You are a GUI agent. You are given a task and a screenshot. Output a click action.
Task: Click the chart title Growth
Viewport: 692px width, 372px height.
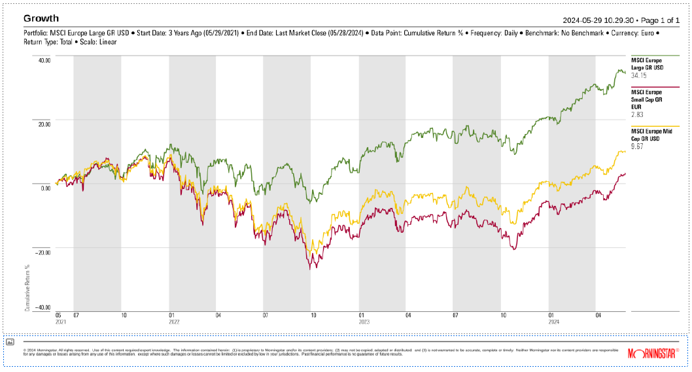point(41,18)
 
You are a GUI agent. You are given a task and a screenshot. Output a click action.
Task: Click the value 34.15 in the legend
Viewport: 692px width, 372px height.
point(638,75)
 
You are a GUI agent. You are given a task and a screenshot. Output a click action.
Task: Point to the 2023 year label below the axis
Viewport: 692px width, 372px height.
point(364,321)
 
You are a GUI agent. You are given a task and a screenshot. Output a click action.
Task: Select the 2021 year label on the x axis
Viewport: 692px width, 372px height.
point(61,321)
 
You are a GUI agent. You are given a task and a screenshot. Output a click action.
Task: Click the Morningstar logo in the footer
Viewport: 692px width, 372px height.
point(653,353)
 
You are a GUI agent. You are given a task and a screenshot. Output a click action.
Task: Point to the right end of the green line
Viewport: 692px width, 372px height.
point(625,72)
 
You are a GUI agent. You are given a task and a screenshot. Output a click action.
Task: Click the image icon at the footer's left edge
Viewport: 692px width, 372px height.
point(10,342)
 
